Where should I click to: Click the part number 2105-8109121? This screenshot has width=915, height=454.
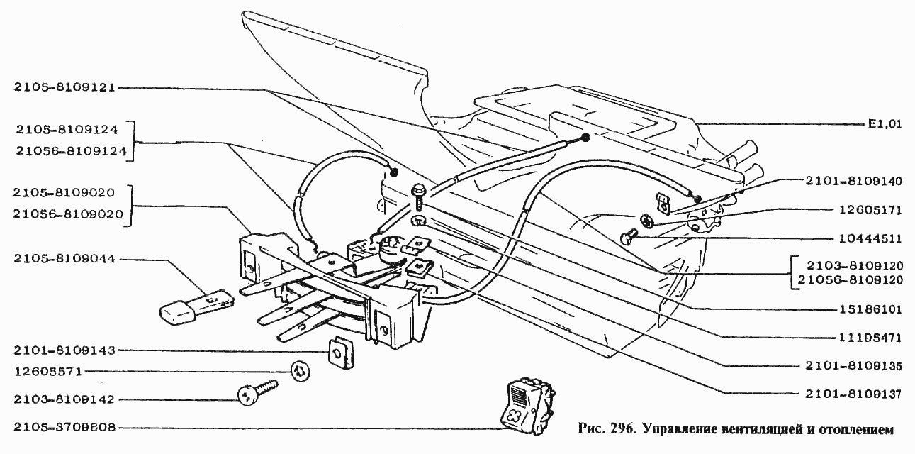pyautogui.click(x=64, y=87)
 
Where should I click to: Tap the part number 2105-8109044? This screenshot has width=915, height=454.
pyautogui.click(x=64, y=260)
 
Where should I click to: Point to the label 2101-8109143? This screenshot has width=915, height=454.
pyautogui.click(x=64, y=350)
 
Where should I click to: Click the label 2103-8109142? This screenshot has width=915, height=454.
pyautogui.click(x=64, y=400)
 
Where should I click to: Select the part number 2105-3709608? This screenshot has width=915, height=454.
pyautogui.click(x=64, y=428)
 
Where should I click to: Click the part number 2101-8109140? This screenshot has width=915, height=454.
pyautogui.click(x=855, y=181)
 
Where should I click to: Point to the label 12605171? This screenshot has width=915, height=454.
pyautogui.click(x=868, y=210)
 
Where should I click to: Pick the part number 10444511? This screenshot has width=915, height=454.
pyautogui.click(x=868, y=238)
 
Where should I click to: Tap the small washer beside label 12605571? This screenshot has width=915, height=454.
pyautogui.click(x=299, y=369)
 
